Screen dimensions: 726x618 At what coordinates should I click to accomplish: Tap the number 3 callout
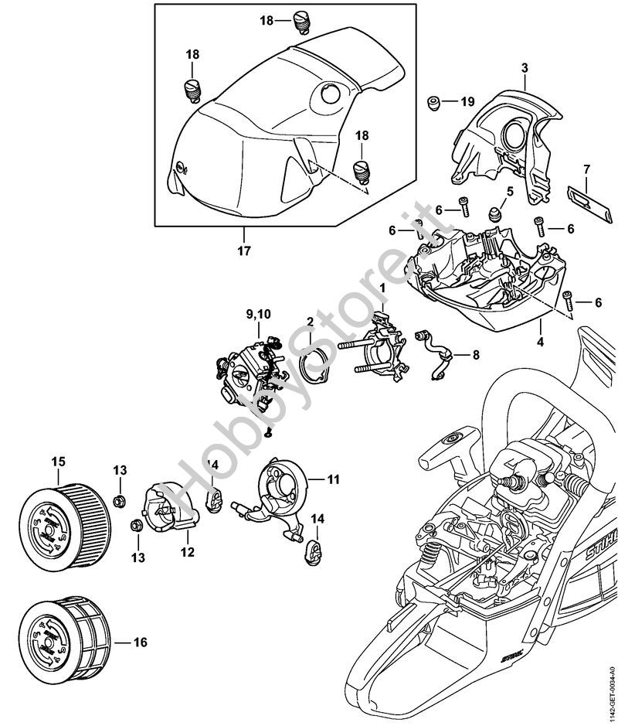[525, 69]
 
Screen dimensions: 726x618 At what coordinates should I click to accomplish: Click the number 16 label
[140, 642]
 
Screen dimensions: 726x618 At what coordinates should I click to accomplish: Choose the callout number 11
[333, 479]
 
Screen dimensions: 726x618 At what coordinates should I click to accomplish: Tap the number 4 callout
[541, 341]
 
